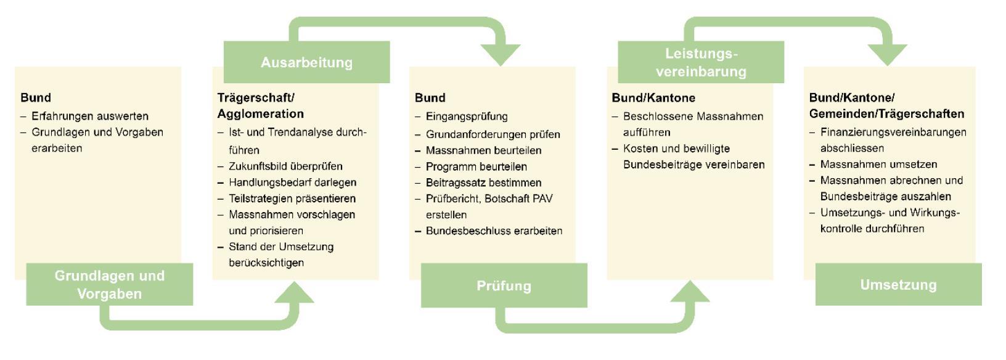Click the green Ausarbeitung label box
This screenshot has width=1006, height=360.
306,62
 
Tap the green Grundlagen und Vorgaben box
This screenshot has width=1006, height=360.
110,284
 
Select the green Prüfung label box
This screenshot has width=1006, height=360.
504,285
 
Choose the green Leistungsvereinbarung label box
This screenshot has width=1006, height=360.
701,62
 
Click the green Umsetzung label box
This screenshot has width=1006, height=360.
898,284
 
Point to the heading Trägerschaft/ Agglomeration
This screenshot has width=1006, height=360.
260,105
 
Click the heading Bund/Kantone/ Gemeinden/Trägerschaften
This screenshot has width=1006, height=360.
886,105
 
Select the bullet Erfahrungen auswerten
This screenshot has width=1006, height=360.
90,116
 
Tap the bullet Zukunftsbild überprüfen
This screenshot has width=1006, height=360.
285,166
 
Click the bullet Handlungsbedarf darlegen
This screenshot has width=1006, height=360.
292,182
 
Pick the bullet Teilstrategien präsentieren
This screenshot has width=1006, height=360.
292,198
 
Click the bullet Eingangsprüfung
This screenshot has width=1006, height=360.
467,117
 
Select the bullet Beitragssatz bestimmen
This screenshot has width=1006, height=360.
483,183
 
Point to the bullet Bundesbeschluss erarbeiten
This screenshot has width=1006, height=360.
494,231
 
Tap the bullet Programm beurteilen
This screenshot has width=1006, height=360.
476,166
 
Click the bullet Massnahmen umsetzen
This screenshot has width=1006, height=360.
878,165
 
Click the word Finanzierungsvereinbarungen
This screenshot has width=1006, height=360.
893,132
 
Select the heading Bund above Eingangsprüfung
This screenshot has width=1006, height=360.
430,98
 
